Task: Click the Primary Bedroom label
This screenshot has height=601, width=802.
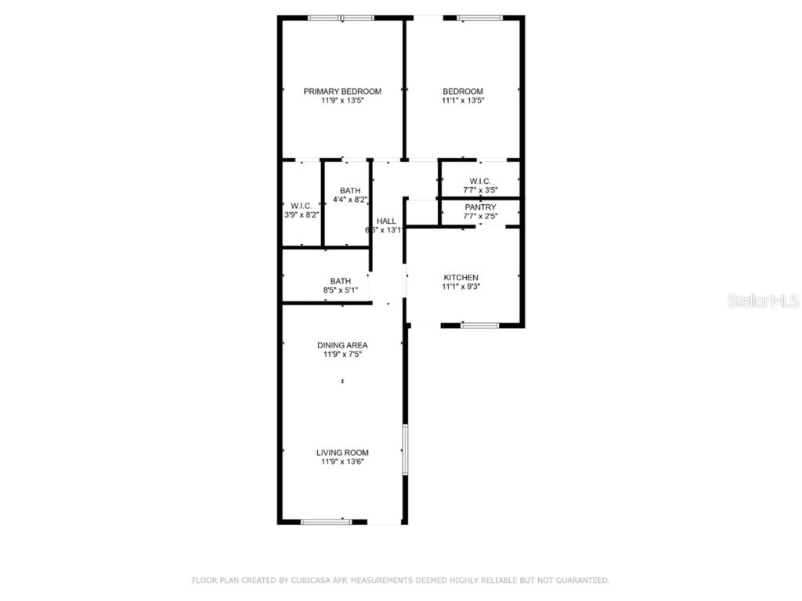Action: click(x=342, y=92)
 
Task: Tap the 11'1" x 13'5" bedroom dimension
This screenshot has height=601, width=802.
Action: click(x=462, y=101)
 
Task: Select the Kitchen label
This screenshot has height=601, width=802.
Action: click(x=461, y=278)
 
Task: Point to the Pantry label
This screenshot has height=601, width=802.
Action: click(x=480, y=207)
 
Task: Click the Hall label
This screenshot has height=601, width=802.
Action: click(x=386, y=221)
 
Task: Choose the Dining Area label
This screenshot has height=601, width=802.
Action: click(x=342, y=345)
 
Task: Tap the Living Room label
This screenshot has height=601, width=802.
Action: click(x=342, y=452)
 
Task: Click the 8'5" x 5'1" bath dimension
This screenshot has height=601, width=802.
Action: click(x=340, y=290)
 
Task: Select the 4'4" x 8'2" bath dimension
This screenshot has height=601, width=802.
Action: click(x=350, y=200)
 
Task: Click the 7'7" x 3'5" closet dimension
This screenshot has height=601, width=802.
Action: click(x=480, y=190)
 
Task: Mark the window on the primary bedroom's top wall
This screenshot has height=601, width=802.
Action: click(x=341, y=17)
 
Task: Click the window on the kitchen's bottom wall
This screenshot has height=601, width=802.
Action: click(x=479, y=325)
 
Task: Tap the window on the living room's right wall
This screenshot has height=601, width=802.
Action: click(x=405, y=449)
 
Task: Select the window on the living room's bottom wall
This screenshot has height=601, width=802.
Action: click(x=327, y=522)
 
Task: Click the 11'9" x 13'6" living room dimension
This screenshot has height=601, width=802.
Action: click(x=342, y=462)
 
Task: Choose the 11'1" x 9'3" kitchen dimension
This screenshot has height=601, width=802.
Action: click(x=461, y=287)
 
